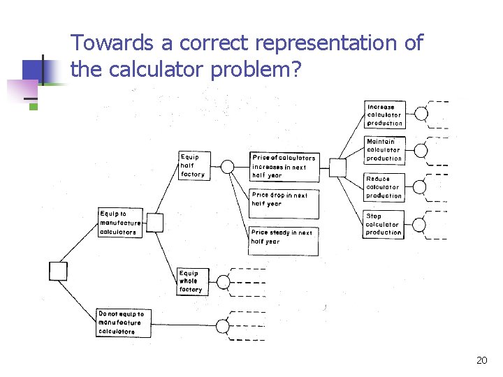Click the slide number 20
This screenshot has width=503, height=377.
point(481,360)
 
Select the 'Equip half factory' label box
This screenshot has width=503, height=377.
point(193,166)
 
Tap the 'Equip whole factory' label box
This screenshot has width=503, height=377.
point(191,281)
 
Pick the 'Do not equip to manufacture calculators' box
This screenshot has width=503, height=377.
point(122,323)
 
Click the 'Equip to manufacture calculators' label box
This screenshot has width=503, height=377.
point(120,222)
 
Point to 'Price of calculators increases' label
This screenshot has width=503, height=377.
point(284,166)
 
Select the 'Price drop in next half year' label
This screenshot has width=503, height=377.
point(280,200)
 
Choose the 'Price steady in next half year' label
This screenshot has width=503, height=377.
point(283,237)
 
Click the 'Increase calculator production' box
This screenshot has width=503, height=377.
point(385,115)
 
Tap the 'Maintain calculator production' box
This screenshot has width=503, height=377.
point(384,150)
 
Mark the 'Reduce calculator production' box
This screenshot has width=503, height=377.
point(384,187)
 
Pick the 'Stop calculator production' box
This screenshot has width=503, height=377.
point(384,224)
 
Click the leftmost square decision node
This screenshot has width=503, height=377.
point(59,270)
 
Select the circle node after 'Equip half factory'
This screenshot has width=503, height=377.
point(228,166)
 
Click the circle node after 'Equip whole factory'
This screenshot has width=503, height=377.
point(223,282)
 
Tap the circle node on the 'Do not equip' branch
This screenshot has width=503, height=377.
point(223,326)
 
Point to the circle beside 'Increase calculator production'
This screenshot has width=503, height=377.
point(421,114)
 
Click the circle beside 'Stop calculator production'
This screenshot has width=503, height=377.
point(419,224)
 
